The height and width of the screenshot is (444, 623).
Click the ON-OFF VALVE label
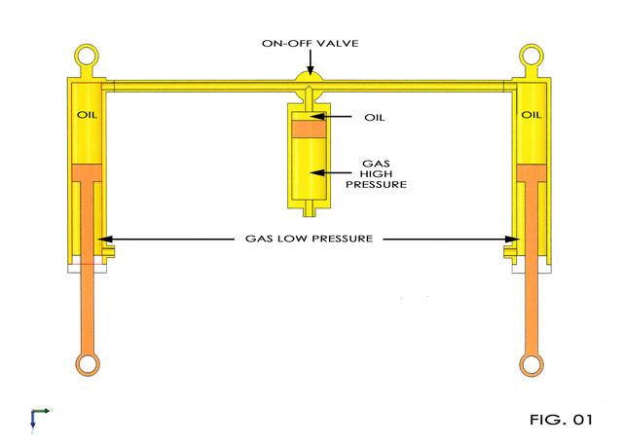310,43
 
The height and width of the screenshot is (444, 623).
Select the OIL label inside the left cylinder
87,115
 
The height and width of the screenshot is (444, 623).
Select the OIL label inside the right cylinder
531,115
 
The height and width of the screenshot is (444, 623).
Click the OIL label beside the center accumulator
374,118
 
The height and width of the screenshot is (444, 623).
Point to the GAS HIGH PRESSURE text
376,174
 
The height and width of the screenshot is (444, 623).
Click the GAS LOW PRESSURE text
310,239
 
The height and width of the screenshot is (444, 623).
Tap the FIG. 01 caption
561,420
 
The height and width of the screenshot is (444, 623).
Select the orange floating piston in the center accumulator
310,129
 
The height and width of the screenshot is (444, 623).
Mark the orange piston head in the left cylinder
87,172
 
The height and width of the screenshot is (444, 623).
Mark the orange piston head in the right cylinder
531,173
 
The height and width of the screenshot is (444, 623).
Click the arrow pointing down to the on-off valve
311,63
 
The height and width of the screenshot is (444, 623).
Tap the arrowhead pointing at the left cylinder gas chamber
105,239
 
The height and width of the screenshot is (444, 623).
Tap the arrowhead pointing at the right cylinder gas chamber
513,239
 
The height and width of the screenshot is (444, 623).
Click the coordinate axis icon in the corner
40,418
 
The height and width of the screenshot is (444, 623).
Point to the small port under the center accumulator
309,209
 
